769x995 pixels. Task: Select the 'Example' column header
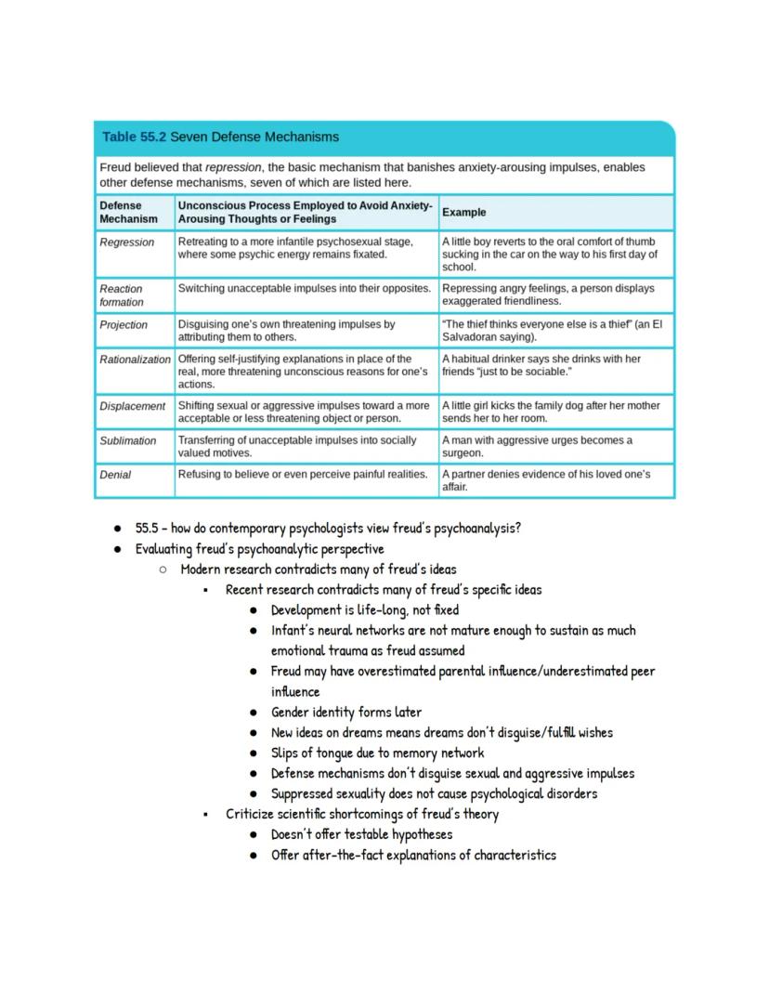click(x=463, y=212)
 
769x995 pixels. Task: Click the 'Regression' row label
click(x=127, y=242)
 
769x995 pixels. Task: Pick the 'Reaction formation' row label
click(x=122, y=295)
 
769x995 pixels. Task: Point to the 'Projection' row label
click(x=124, y=325)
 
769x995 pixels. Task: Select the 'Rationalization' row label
click(x=136, y=359)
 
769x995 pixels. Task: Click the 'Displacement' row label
click(x=133, y=406)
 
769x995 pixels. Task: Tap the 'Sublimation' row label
click(x=128, y=440)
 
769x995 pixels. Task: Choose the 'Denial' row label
click(x=115, y=475)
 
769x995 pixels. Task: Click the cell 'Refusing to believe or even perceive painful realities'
click(x=303, y=474)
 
